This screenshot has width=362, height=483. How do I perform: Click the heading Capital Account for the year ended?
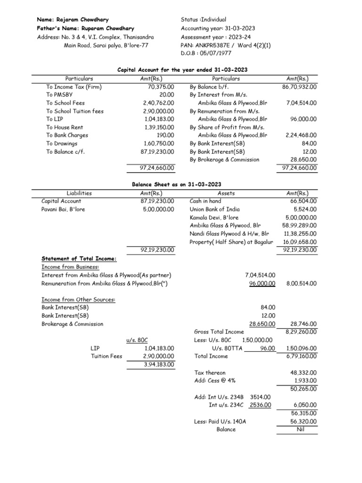click(182, 70)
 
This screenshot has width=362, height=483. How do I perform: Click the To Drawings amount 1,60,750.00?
click(158, 143)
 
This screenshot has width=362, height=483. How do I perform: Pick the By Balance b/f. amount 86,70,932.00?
click(299, 87)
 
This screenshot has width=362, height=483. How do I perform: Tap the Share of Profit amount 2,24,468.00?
click(301, 135)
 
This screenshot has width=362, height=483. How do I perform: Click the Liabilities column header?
click(79, 193)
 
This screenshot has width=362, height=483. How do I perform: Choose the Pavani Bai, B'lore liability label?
click(63, 209)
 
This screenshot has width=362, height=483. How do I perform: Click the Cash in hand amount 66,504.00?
click(304, 201)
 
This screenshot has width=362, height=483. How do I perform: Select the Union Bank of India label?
click(214, 209)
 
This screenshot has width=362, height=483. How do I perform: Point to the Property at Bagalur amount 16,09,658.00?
click(300, 241)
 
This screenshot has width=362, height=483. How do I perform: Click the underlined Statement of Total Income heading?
click(79, 258)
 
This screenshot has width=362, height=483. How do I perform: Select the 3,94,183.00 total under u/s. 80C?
click(158, 364)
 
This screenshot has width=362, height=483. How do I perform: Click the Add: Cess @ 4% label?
click(210, 381)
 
